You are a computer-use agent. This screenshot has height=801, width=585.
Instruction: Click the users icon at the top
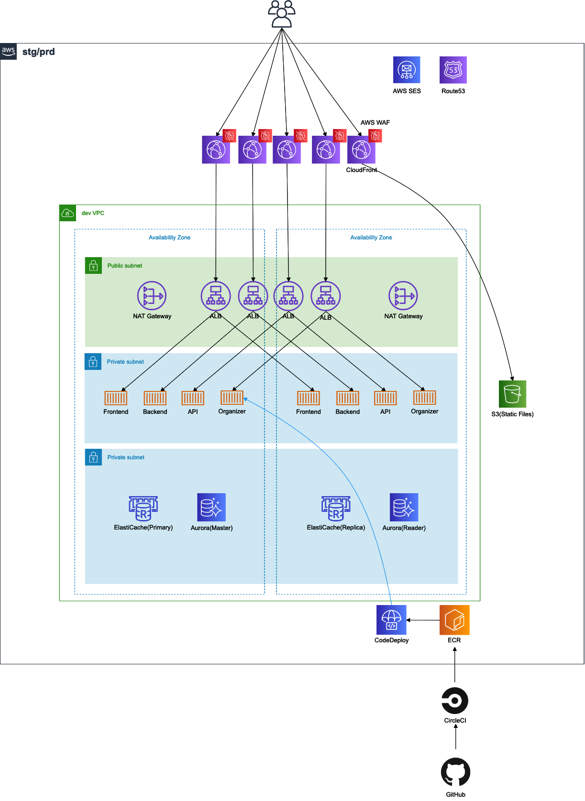tap(282, 14)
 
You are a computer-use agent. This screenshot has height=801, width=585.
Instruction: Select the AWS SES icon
tap(407, 70)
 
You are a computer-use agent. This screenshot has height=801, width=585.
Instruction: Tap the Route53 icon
tap(453, 70)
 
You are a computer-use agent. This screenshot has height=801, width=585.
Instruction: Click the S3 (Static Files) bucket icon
tap(512, 394)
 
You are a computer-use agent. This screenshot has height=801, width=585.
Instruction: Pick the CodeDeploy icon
tap(391, 620)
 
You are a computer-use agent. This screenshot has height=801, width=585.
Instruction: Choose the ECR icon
tap(454, 620)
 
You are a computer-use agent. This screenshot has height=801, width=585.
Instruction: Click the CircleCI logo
tap(455, 701)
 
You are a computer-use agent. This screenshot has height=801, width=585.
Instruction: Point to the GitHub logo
tap(455, 772)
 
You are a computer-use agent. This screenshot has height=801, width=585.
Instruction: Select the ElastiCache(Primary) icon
tap(143, 508)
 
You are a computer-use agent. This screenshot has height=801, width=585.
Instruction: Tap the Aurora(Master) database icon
tap(211, 508)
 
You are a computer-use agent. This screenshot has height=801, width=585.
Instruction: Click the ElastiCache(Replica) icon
tap(336, 508)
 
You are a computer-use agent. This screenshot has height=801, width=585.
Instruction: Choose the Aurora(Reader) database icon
tap(404, 508)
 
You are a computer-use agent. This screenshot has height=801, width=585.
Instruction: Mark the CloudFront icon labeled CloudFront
tap(361, 150)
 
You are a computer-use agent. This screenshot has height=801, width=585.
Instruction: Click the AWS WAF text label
tap(375, 123)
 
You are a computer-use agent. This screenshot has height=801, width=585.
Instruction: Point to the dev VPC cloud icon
tap(67, 213)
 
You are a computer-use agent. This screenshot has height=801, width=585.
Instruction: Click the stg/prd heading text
tap(39, 52)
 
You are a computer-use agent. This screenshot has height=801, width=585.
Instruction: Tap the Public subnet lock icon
tap(93, 266)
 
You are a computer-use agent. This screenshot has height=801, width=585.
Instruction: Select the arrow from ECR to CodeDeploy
tap(423, 620)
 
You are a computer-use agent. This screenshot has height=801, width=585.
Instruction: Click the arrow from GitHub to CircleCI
tap(456, 737)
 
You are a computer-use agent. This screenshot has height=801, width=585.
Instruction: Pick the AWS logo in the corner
tap(9, 51)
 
